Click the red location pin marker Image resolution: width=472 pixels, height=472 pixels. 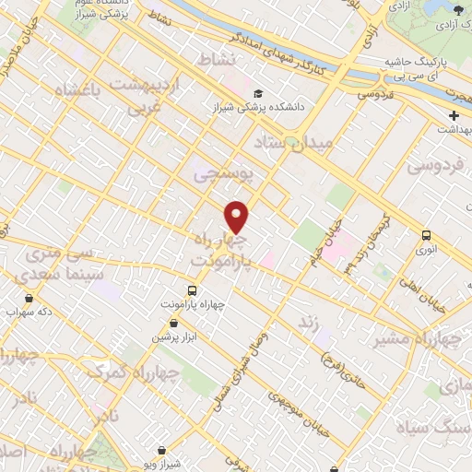[237, 217]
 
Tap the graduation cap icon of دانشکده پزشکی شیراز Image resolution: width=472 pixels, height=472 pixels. [260, 93]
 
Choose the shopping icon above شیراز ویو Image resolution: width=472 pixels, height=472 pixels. [163, 451]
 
